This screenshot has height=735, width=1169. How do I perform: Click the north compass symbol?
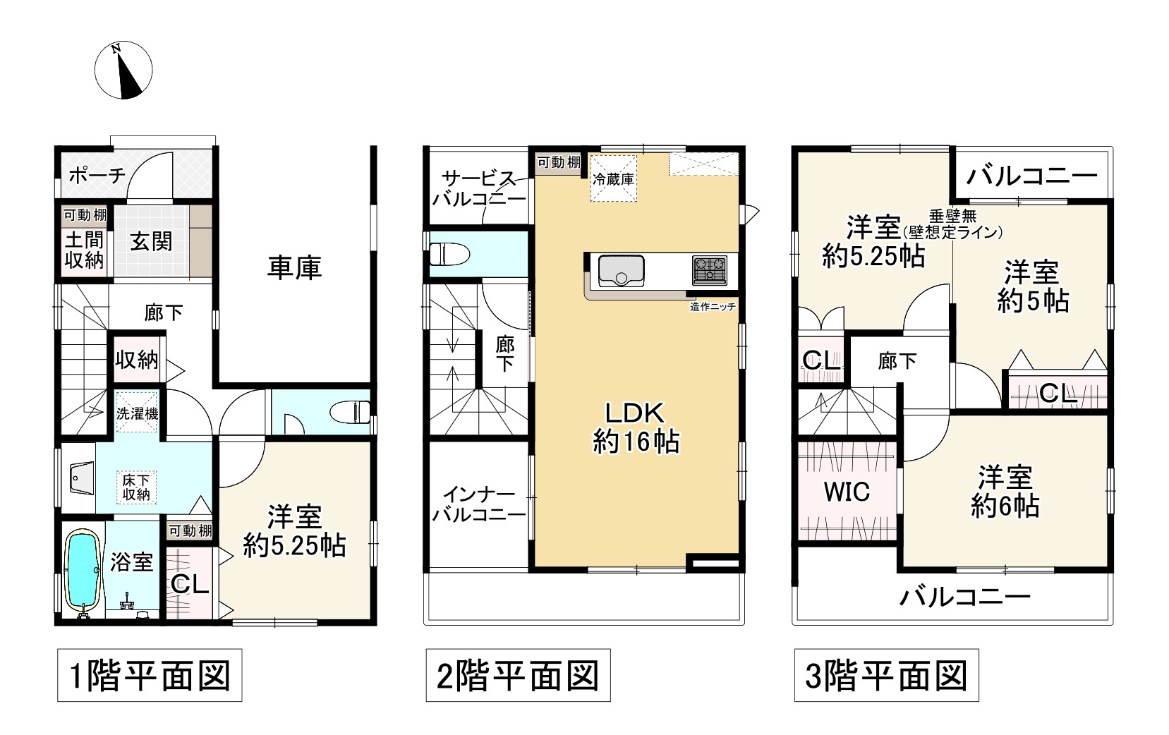[x=123, y=71]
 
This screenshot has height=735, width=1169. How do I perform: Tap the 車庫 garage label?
[x=294, y=268]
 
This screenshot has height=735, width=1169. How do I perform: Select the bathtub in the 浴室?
[x=83, y=569]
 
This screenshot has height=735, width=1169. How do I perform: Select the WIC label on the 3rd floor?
[x=847, y=492]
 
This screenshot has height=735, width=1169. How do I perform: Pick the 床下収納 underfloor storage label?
[x=136, y=487]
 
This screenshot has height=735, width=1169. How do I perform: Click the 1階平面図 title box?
[x=150, y=676]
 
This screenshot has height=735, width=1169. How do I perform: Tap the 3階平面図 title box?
[x=886, y=676]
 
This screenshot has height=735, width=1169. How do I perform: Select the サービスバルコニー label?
[x=478, y=188]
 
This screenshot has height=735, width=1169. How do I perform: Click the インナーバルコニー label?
[x=478, y=504]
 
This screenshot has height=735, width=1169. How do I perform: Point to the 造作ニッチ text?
[x=713, y=307]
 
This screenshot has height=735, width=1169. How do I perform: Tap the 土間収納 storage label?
[x=84, y=250]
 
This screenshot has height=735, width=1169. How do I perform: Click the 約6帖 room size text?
[x=1005, y=506]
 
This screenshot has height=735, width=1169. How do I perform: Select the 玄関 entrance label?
[x=151, y=242]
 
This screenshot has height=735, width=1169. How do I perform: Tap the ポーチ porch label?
[x=97, y=175]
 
